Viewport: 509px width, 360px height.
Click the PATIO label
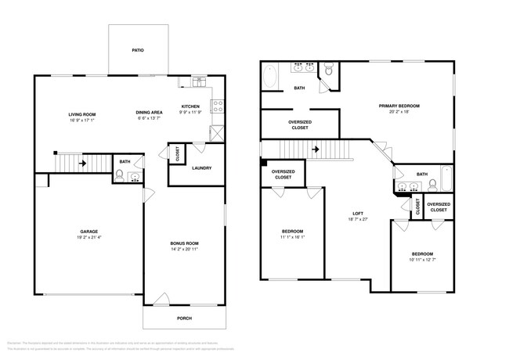(137, 50)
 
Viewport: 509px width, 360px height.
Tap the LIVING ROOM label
(82, 115)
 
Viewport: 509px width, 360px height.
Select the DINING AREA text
(150, 112)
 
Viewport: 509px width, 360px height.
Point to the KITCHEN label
(191, 106)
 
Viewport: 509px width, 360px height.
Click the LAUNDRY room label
(202, 167)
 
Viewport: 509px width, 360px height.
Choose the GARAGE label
(88, 232)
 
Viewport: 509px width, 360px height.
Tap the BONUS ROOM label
(184, 243)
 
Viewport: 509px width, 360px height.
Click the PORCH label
(184, 318)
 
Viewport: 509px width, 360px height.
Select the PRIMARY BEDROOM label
(399, 106)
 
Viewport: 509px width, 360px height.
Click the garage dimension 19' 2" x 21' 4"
(88, 238)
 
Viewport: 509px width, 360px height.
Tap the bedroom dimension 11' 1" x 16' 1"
(293, 238)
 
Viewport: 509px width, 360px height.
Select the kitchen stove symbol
(218, 104)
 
